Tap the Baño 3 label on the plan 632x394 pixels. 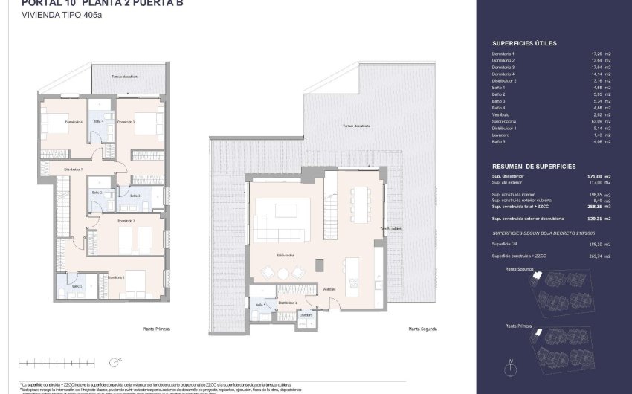click(135, 196)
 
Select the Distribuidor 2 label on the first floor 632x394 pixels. click(72, 169)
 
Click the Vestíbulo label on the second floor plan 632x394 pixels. click(329, 288)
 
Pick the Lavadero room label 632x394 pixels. click(306, 315)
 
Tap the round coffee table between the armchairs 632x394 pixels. click(283, 272)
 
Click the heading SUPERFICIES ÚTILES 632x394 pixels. click(524, 44)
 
